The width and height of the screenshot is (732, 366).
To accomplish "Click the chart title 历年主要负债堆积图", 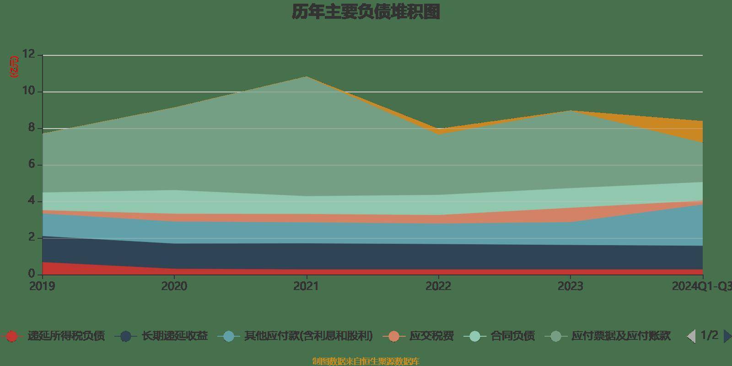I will point(366,12).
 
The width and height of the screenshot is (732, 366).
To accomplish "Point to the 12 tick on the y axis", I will point(29,54).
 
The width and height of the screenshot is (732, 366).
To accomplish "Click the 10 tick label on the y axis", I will point(29,91).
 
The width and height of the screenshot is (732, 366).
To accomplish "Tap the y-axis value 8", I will point(32,128).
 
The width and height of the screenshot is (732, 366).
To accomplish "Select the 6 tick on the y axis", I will point(32,164).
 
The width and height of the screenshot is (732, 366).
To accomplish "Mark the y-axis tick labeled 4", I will point(32,201).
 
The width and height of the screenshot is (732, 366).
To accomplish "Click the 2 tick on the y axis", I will point(32,237).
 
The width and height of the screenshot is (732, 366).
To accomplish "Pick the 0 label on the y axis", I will point(32,274).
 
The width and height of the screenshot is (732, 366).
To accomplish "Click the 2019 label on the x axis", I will point(42,286).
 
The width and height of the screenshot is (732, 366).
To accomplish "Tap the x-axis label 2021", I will point(306,286).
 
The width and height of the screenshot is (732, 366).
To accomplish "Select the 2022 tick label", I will point(438,286).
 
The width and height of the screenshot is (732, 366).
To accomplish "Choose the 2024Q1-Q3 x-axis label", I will point(701,286).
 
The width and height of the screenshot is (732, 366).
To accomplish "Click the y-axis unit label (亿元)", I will point(15,67).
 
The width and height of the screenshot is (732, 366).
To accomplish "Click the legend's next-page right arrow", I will point(727,336).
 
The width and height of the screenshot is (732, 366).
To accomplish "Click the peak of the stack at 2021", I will point(306,77).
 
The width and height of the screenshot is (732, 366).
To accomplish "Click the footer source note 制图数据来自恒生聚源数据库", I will point(366,361).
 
